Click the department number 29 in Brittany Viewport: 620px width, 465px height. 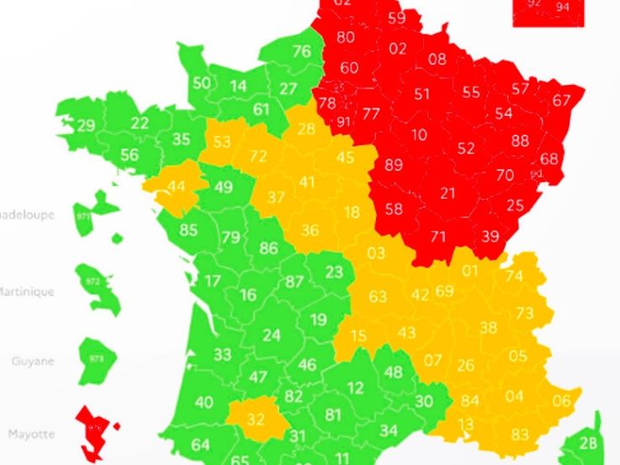coord(86,126)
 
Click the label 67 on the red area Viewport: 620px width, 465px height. coord(562,100)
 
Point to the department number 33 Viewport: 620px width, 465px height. coord(222,355)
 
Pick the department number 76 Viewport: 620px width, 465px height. coord(301,51)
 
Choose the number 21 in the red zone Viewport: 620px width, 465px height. coord(448,194)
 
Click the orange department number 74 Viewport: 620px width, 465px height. coord(514,276)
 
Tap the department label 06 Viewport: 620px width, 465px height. coord(560,401)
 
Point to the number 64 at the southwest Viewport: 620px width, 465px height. coord(200,445)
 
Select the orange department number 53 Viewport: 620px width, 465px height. coord(222,142)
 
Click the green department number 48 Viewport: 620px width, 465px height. coord(394,371)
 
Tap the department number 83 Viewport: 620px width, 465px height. coord(520,434)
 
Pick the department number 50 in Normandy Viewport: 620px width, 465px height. coord(201,83)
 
